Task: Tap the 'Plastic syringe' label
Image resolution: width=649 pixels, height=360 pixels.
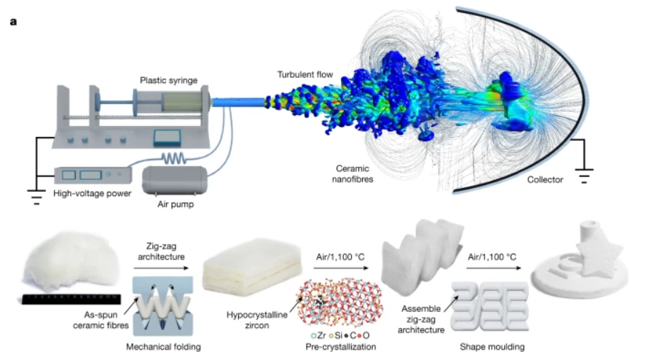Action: click(x=170, y=79)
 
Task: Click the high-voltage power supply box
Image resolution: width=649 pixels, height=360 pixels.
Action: click(x=93, y=175)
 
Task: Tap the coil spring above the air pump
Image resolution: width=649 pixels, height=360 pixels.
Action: click(x=173, y=157)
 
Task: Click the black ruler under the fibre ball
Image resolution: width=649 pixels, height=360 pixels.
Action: click(x=71, y=297)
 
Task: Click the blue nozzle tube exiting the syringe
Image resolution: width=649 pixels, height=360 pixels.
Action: click(x=241, y=102)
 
